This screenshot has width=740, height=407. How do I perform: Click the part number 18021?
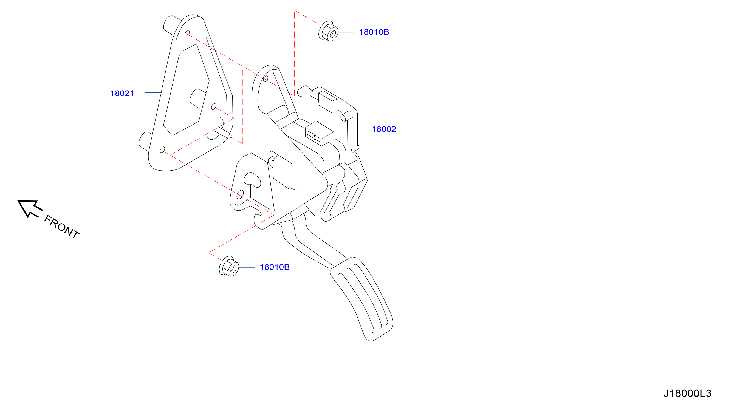(x=122, y=93)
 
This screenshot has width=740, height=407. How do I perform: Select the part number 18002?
(x=384, y=129)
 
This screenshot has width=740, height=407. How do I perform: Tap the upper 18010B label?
(x=374, y=32)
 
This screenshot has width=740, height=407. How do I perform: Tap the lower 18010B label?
(x=275, y=267)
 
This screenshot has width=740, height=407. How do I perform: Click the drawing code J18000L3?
(x=687, y=393)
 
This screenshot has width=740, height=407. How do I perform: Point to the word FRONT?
(x=61, y=227)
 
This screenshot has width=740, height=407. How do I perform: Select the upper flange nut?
(x=328, y=31)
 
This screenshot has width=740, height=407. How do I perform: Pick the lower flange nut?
(x=229, y=266)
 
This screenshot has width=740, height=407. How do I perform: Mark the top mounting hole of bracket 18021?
(x=187, y=33)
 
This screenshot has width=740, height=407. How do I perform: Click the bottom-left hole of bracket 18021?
(x=162, y=150)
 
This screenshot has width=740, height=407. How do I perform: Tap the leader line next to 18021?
(x=153, y=92)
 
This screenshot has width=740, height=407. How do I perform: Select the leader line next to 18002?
(x=363, y=129)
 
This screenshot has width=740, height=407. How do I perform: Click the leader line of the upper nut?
(x=346, y=32)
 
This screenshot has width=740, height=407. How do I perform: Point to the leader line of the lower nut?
(x=247, y=267)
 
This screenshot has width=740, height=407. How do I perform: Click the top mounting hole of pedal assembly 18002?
(x=266, y=79)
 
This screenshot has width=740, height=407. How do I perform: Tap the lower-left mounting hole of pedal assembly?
(x=240, y=195)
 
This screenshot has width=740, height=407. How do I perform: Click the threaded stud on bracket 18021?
(x=224, y=132)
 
